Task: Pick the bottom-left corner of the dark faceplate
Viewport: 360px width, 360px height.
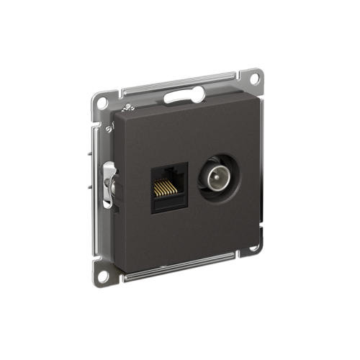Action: [120, 265]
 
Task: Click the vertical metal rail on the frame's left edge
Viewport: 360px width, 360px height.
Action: [98, 187]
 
